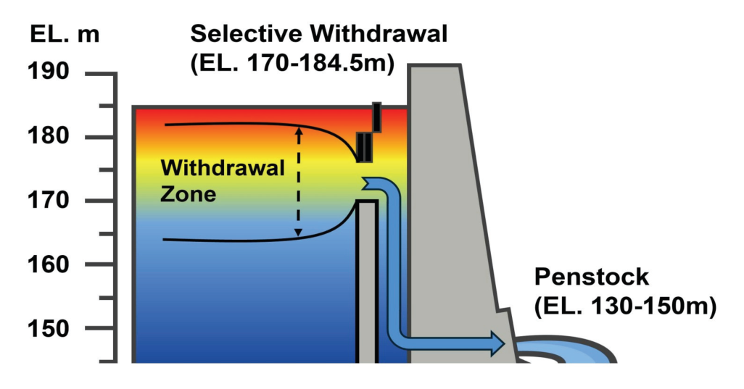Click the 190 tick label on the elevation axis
(49, 72)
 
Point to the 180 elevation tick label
(49, 135)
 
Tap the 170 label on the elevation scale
(49, 200)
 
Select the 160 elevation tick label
(49, 264)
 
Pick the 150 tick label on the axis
(49, 327)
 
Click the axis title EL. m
(65, 34)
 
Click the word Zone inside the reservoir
(189, 194)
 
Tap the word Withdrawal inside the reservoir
(223, 169)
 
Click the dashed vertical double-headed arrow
(297, 181)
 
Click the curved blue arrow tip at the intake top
(371, 184)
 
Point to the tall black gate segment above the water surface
(376, 116)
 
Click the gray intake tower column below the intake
(367, 283)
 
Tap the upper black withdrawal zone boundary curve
(239, 125)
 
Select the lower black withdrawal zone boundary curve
(239, 239)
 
